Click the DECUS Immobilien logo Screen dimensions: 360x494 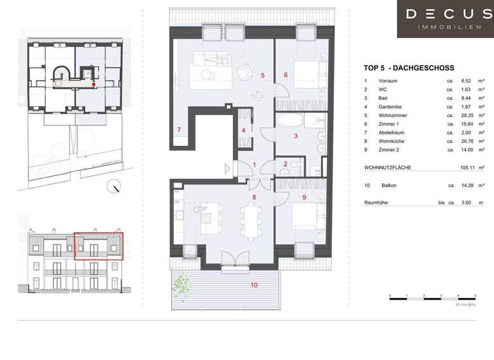tap(444, 19)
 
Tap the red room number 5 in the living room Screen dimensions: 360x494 tap(262, 75)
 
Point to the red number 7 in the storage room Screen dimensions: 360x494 tap(179, 130)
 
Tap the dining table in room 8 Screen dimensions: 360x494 tap(250, 219)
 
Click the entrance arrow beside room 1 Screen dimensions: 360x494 tap(227, 168)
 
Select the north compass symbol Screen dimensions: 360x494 tap(115, 188)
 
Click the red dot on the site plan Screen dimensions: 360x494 tap(94, 84)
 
